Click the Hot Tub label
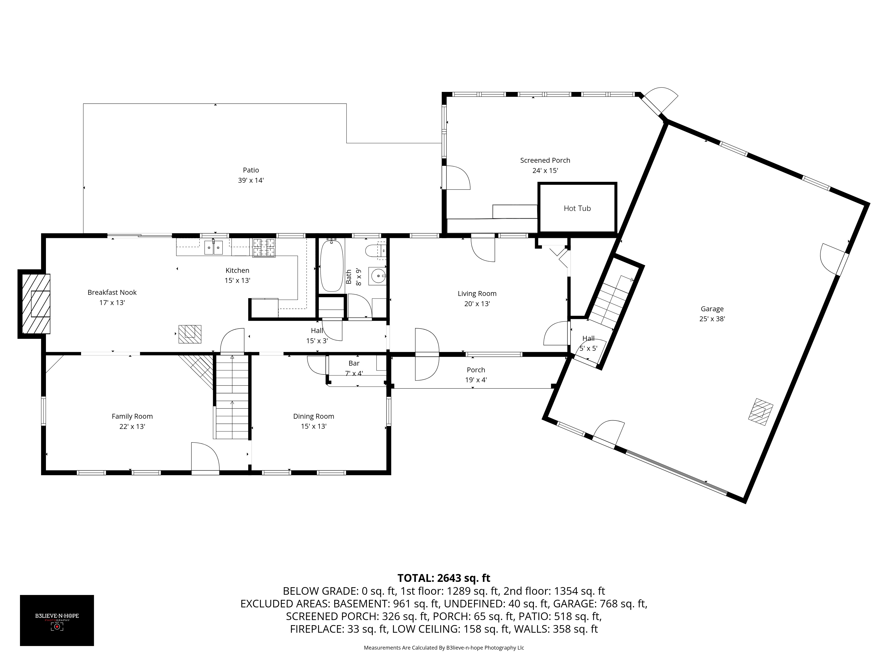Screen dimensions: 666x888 [x=577, y=208]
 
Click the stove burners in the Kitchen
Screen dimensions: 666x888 [x=264, y=247]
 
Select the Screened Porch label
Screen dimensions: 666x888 [x=545, y=160]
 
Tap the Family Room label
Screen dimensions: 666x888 [x=132, y=416]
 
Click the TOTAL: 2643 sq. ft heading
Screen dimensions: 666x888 [x=444, y=578]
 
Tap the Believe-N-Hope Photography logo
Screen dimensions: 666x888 [x=57, y=620]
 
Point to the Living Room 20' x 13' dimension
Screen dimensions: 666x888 [x=477, y=304]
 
